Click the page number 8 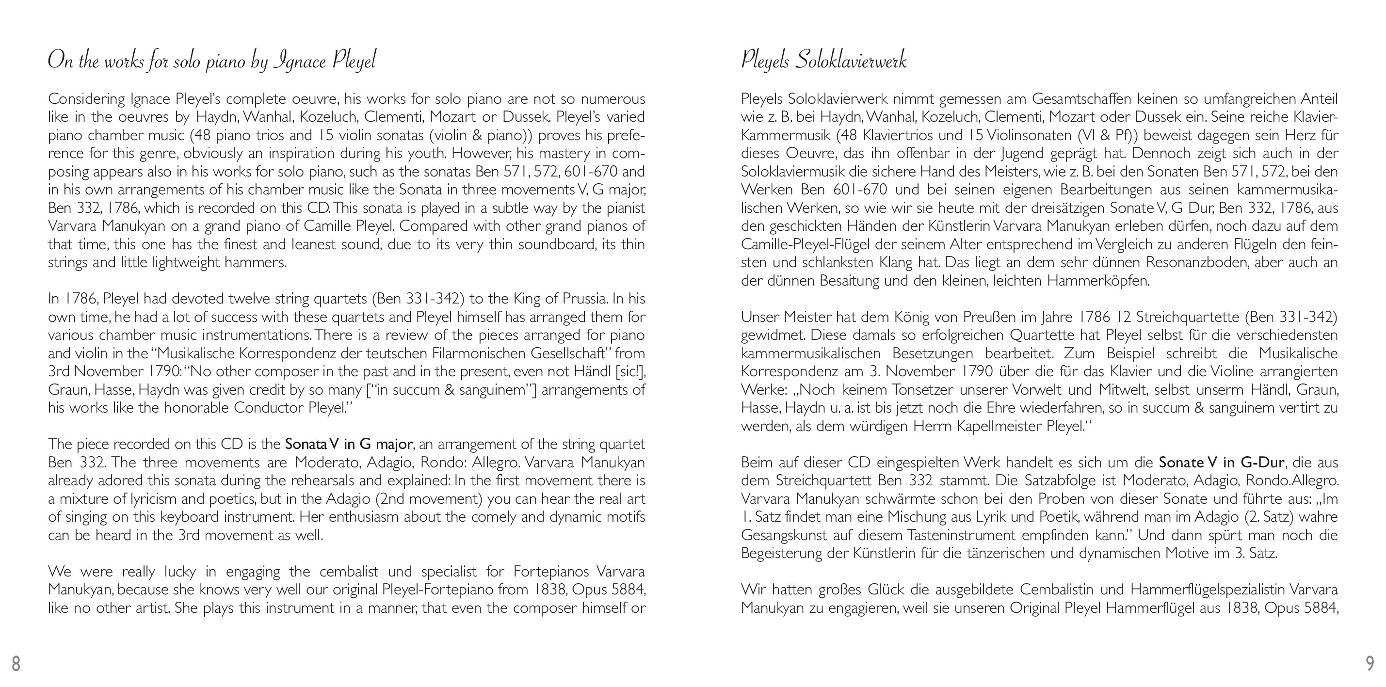pos(16,663)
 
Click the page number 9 pos(1370,663)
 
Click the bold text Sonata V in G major pos(349,445)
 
